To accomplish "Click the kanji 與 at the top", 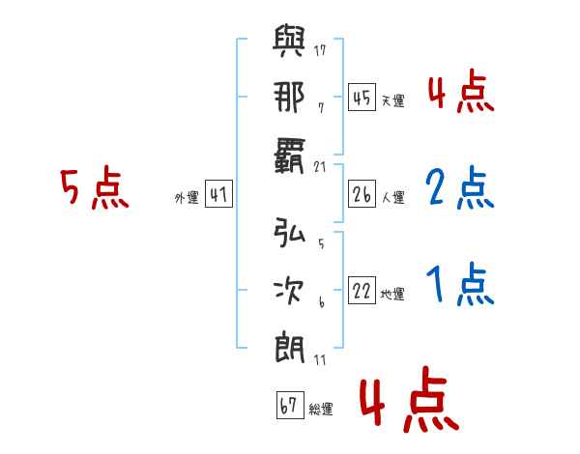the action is [289, 41].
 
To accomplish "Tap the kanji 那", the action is [289, 97].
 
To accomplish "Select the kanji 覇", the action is [289, 156].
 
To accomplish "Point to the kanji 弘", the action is [289, 232].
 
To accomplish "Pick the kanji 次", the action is [289, 290].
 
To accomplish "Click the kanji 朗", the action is [289, 348].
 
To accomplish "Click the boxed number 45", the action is [362, 97].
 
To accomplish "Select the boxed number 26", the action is [362, 194].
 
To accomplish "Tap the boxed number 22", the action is [362, 290].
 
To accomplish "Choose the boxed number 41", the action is [218, 194].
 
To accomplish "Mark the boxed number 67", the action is [290, 405].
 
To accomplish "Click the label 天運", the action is [393, 100].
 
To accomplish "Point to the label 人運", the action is [393, 197].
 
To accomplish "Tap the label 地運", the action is [392, 295].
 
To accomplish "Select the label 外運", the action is [187, 198].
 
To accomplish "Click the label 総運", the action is [321, 410].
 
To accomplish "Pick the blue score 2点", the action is [460, 187].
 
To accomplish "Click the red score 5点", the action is [95, 187].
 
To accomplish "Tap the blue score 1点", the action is [460, 284].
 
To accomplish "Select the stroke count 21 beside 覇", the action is [320, 167].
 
